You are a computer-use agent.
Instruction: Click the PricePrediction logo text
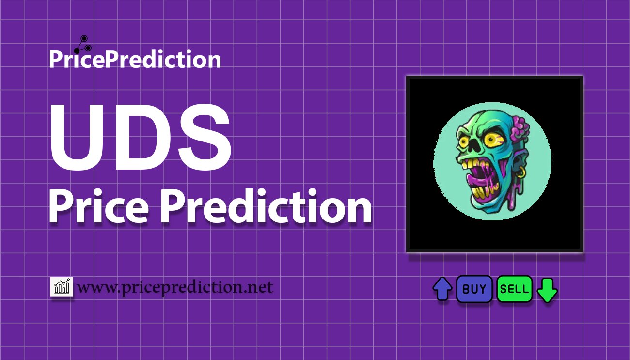click(135, 59)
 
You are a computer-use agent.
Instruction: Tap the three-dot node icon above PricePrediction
click(83, 45)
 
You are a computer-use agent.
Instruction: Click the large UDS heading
click(141, 137)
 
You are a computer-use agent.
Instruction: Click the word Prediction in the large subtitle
click(266, 206)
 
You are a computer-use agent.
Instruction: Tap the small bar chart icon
click(62, 286)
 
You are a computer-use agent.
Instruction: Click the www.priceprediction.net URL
click(175, 287)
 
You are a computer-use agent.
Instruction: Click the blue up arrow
click(442, 289)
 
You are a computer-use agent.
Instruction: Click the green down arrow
click(547, 290)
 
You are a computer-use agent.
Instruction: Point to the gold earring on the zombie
click(521, 172)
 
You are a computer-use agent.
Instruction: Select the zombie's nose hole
click(474, 146)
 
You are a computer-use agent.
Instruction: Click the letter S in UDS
click(204, 137)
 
